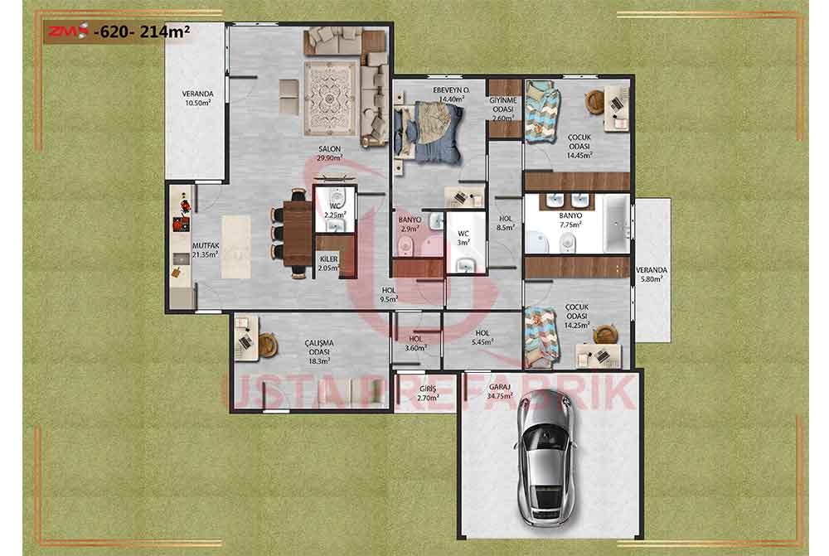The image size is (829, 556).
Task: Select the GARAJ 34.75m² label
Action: (x=500, y=390)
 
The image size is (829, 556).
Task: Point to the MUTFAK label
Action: (x=205, y=246)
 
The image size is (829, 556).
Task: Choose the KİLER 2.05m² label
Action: (x=329, y=263)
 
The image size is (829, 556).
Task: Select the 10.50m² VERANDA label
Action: (x=198, y=99)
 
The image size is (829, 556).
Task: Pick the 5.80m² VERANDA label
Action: (x=652, y=273)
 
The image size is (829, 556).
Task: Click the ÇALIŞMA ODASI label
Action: (x=319, y=347)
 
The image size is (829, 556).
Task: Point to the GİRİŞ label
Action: (x=428, y=389)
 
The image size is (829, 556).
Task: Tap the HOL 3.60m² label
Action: (x=415, y=343)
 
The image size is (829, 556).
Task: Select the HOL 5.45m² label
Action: (x=482, y=337)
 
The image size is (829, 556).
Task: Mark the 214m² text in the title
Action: (x=165, y=31)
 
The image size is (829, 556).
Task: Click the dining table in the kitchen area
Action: (x=298, y=233)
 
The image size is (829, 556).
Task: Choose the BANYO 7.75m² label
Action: (x=570, y=220)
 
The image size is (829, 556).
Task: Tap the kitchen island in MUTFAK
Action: (x=235, y=247)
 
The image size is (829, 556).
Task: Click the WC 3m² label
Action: (x=463, y=238)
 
